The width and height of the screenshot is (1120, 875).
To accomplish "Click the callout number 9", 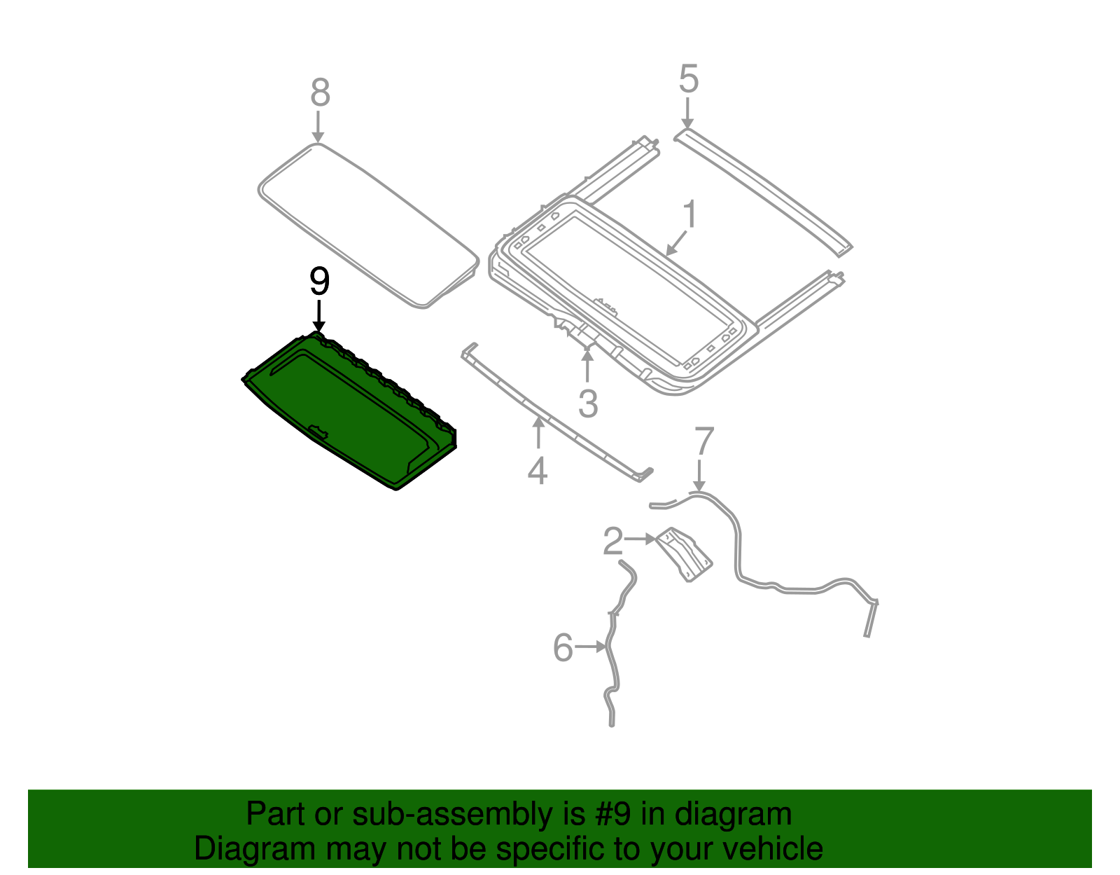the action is click(319, 281).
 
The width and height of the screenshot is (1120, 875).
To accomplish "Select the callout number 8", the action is click(320, 92).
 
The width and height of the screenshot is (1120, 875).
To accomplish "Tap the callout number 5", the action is click(689, 79).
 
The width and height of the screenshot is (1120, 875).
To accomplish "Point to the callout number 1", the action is click(689, 214).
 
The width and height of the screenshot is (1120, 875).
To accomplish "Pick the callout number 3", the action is click(588, 404).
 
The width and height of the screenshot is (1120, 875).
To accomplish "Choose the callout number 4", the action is click(537, 471).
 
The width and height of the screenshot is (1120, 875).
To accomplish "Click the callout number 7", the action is click(704, 441).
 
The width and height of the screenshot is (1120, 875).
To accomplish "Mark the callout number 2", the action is click(612, 541).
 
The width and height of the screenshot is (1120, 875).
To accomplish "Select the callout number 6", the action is click(563, 647).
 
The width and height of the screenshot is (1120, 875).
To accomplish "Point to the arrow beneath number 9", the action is click(319, 316).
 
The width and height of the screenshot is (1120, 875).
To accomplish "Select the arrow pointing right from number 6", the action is click(590, 647).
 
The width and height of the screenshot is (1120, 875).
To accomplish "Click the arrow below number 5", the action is click(687, 113).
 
